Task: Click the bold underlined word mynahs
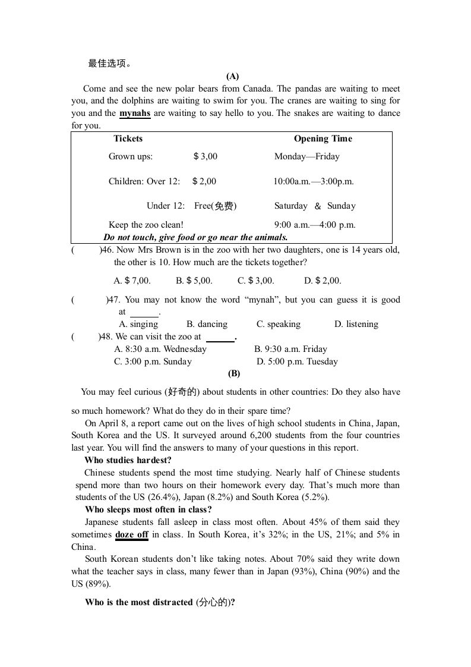(x=135, y=113)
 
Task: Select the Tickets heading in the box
(x=128, y=139)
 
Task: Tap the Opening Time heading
(x=323, y=139)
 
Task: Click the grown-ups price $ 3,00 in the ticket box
(x=206, y=156)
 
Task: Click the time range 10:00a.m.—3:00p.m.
(x=314, y=181)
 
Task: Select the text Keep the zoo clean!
(x=146, y=225)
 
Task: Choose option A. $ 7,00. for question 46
(x=132, y=281)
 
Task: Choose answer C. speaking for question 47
(x=279, y=324)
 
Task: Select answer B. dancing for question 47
(x=207, y=324)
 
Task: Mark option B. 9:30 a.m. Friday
(x=290, y=349)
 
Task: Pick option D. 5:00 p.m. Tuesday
(x=297, y=361)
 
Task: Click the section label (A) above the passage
(x=233, y=76)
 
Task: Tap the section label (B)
(x=234, y=373)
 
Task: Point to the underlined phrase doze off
(x=132, y=534)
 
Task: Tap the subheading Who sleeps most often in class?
(x=148, y=509)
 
